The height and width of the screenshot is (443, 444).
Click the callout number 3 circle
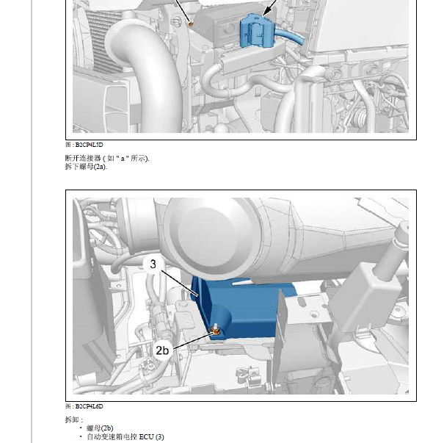(x=153, y=264)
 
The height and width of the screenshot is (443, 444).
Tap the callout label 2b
(x=162, y=350)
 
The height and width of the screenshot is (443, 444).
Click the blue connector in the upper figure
(x=257, y=31)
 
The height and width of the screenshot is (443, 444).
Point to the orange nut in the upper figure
(x=191, y=24)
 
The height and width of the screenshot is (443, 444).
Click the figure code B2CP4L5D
(x=90, y=145)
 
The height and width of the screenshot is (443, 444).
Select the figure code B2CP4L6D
(x=90, y=406)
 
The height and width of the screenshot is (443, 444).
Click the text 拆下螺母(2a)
(x=86, y=167)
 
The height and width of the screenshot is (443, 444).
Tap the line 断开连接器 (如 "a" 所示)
(x=107, y=158)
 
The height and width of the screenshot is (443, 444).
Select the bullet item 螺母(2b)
(x=100, y=428)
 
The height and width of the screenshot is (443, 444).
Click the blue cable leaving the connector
(x=289, y=36)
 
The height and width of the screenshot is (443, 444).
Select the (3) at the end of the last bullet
(x=160, y=437)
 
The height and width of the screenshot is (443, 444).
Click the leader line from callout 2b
(x=192, y=340)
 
